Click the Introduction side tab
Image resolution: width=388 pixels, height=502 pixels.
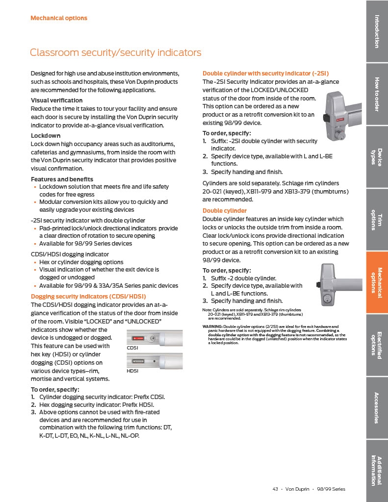pyautogui.click(x=377, y=31)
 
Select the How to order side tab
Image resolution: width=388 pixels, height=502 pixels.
pyautogui.click(x=377, y=94)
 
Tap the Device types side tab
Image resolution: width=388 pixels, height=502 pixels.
pyautogui.click(x=377, y=157)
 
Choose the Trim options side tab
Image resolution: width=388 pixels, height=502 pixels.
pyautogui.click(x=377, y=220)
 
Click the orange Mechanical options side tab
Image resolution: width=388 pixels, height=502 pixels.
pyautogui.click(x=377, y=282)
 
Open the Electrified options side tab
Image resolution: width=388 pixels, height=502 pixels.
pyautogui.click(x=377, y=345)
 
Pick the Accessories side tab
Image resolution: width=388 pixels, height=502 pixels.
pyautogui.click(x=377, y=408)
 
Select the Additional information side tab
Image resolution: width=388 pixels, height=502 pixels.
pyautogui.click(x=377, y=471)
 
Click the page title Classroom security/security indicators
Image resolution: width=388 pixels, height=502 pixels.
pyautogui.click(x=115, y=52)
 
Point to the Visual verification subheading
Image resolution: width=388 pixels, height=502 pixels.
pyautogui.click(x=57, y=100)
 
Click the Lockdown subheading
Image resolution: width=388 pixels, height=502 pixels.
pyautogui.click(x=46, y=135)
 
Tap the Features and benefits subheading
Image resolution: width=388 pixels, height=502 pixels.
pyautogui.click(x=62, y=179)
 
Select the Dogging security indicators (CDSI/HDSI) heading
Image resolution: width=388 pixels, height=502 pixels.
pyautogui.click(x=88, y=297)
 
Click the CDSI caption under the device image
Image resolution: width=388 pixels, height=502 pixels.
pyautogui.click(x=132, y=348)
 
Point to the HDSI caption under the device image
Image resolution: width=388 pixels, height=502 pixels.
pyautogui.click(x=132, y=371)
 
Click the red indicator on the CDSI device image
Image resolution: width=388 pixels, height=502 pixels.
pyautogui.click(x=138, y=338)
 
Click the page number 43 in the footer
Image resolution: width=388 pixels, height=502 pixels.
pyautogui.click(x=275, y=489)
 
